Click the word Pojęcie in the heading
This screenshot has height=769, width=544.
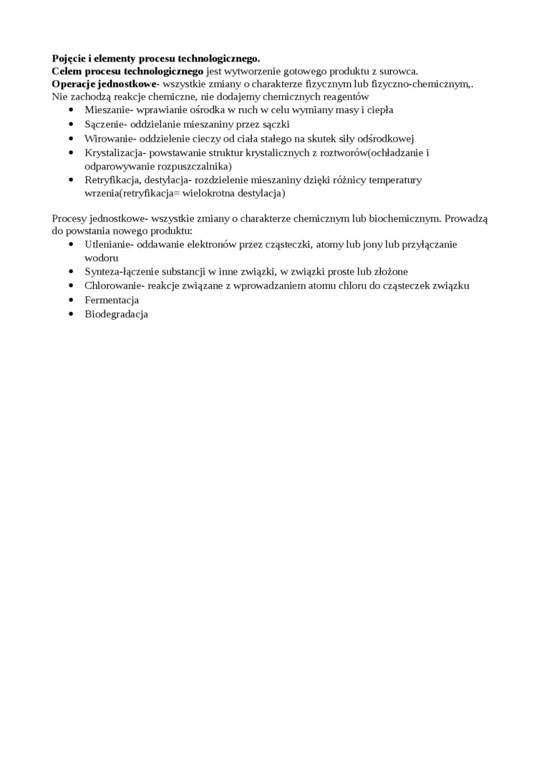pos(70,58)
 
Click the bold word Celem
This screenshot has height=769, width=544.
pos(67,71)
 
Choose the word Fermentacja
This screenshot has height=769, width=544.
pos(112,300)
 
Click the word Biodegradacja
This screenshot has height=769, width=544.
pos(116,313)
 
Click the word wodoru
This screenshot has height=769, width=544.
pos(101,258)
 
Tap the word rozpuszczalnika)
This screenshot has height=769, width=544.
pos(193,165)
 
